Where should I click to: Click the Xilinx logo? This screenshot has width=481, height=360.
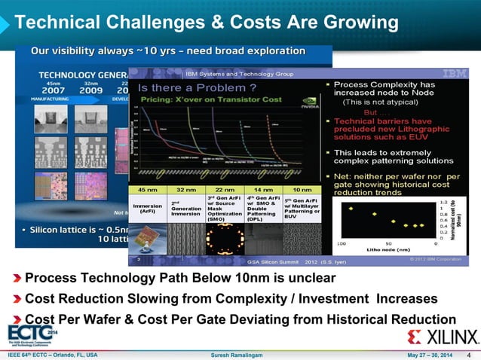[443, 336]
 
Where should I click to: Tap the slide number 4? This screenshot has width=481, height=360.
[470, 355]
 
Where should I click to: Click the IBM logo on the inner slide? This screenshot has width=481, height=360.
[454, 74]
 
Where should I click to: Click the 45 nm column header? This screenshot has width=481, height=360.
[147, 190]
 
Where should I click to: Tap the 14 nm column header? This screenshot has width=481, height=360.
[263, 190]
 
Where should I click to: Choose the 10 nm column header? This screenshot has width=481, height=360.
[302, 190]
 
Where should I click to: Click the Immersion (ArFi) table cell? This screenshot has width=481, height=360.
[148, 208]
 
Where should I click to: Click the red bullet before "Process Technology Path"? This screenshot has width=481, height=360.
[17, 278]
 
